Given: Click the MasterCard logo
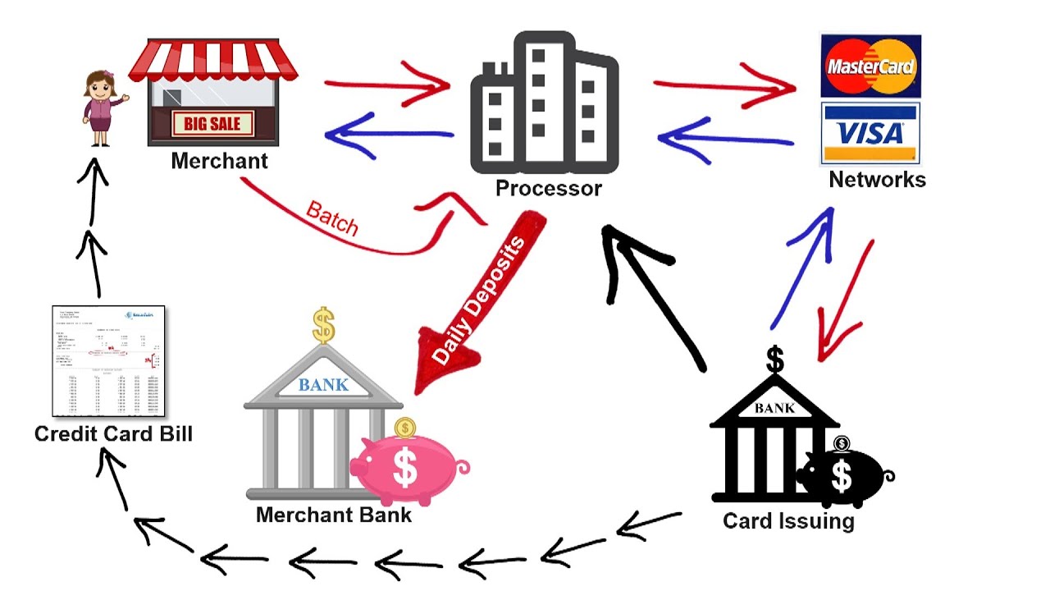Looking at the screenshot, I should [x=870, y=66].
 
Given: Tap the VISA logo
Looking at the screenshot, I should [x=870, y=133].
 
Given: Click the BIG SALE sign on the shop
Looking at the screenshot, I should [x=212, y=125].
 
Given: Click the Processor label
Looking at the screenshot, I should [x=548, y=189].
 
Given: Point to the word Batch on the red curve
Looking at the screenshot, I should [x=332, y=218].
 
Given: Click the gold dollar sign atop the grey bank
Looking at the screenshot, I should [x=324, y=325].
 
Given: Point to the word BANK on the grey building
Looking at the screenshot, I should [x=323, y=384].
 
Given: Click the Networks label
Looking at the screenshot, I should [x=877, y=180].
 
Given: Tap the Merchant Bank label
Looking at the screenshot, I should [x=334, y=515].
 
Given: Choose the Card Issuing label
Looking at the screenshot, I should [x=788, y=520].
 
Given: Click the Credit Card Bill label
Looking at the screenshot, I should [x=113, y=433].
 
